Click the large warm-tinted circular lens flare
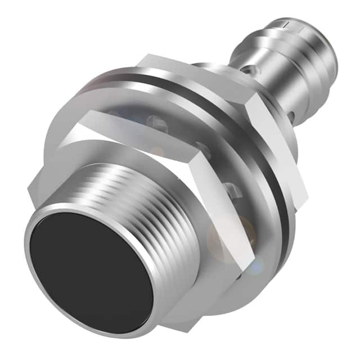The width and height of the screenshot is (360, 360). tap(225, 236)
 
